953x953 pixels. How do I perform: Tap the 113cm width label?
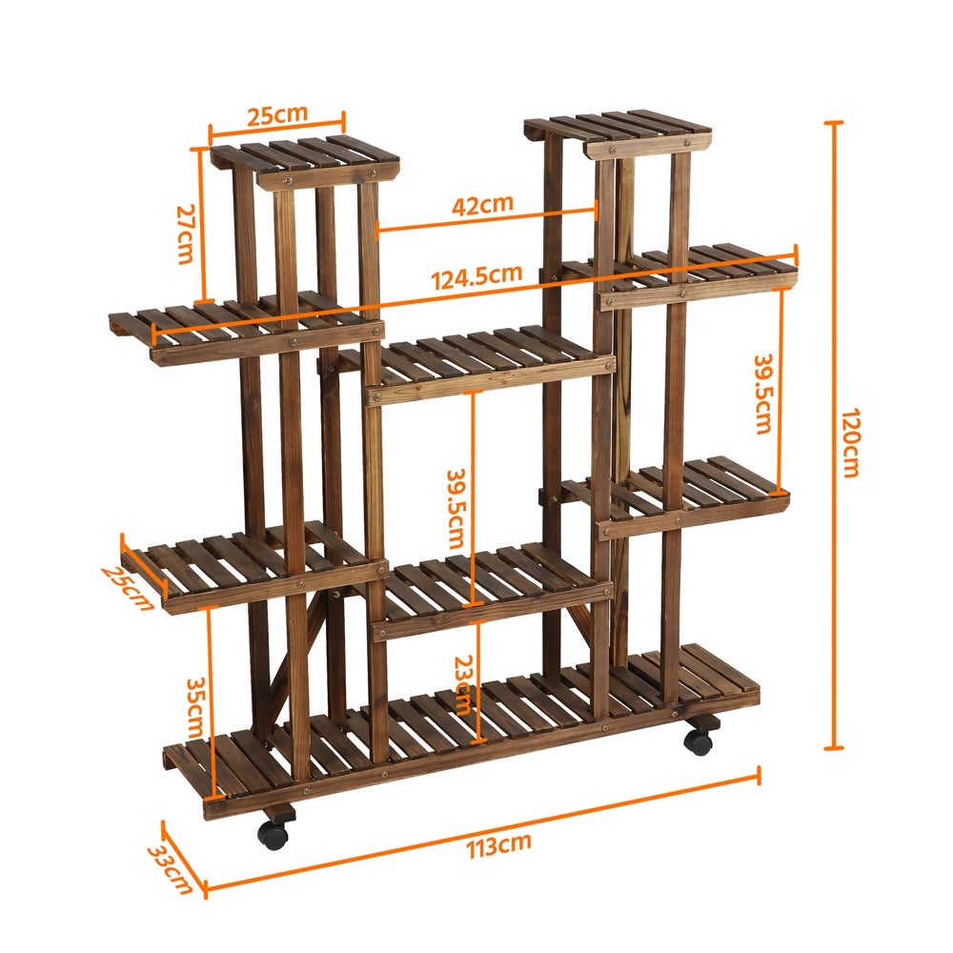pos(499,845)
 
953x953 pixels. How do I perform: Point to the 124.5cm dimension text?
pos(476,276)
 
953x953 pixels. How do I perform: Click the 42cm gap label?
pos(482,203)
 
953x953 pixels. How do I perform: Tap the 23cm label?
pos(463,685)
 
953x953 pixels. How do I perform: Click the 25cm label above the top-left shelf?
pos(277,114)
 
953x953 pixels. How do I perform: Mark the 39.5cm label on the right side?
pos(762,395)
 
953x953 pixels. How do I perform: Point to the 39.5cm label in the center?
pos(456,507)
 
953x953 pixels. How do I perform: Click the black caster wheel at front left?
pos(273,835)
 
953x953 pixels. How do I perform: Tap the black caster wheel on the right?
pos(700,740)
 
